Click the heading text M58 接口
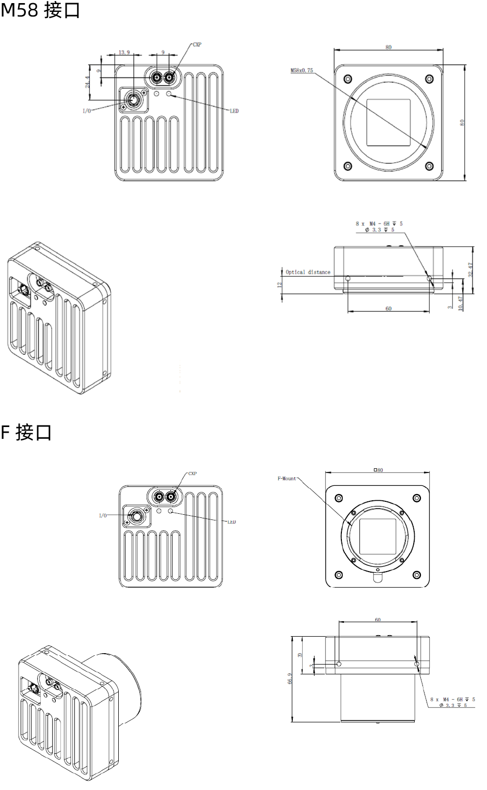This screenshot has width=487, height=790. click(40, 10)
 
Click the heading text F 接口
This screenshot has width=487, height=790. click(26, 432)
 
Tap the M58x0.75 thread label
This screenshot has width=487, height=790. click(302, 70)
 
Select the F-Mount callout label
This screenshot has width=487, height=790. click(287, 479)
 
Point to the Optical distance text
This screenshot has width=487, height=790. click(308, 272)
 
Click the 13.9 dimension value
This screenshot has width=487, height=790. click(124, 52)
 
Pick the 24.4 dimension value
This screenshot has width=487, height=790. click(88, 82)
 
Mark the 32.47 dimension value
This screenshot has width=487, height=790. click(470, 270)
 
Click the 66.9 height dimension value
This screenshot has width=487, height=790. click(290, 678)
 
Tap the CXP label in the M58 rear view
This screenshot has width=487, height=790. click(197, 45)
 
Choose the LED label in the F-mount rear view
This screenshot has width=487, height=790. click(231, 522)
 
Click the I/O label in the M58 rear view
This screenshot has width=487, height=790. click(87, 111)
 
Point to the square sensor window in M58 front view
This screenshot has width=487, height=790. click(388, 122)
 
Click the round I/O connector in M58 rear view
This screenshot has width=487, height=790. click(134, 100)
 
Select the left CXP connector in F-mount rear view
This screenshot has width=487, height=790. click(159, 497)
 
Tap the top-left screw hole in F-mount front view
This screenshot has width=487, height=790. click(339, 498)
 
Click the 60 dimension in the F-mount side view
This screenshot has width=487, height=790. click(378, 620)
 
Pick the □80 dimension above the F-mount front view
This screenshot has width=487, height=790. click(378, 470)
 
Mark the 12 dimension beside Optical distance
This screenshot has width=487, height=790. click(280, 285)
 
